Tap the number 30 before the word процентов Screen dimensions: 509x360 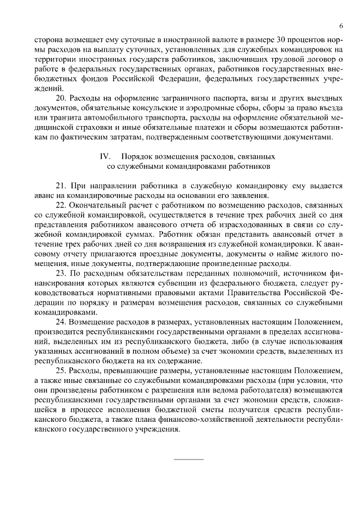282,40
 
